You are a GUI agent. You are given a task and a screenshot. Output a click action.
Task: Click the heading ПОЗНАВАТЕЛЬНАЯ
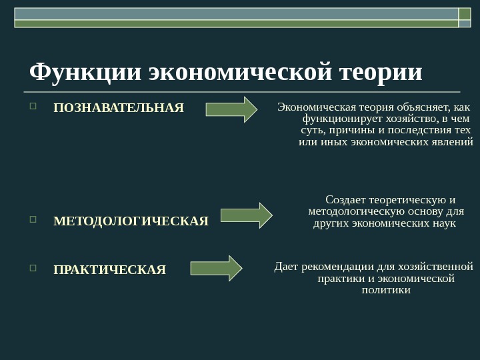tap(118, 108)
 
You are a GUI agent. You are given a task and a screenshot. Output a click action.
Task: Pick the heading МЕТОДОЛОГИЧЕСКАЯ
tap(131, 221)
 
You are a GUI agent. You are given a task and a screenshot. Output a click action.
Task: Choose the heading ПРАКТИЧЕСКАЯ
tap(109, 270)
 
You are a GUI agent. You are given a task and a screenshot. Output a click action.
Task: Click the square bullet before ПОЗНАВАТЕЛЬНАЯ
tap(33, 106)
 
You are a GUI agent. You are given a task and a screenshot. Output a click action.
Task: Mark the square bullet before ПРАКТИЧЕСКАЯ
tap(33, 268)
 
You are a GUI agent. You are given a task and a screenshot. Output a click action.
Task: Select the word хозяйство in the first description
tap(392, 119)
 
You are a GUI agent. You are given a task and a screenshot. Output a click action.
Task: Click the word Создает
tap(347, 200)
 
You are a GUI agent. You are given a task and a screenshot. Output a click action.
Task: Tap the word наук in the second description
tap(445, 223)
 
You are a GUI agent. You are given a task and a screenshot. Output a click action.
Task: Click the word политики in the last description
tap(386, 290)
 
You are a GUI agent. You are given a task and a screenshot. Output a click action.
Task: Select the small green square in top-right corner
tap(465, 14)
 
